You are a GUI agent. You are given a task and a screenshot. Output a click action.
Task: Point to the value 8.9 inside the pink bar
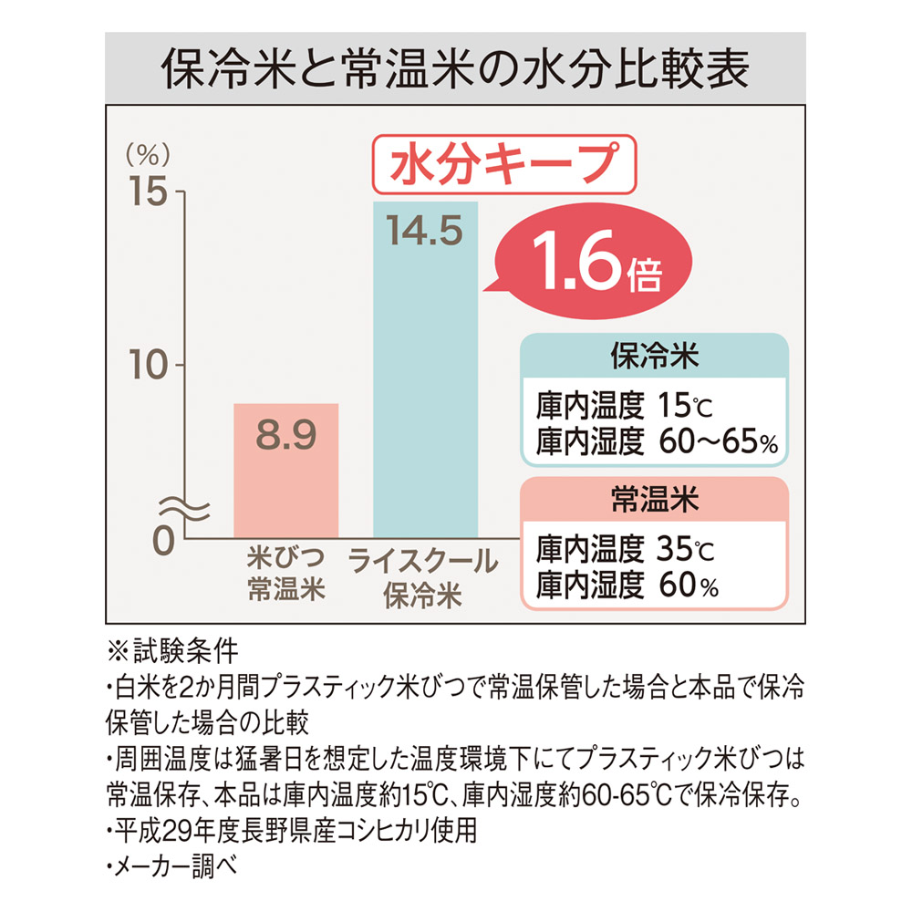[286, 437]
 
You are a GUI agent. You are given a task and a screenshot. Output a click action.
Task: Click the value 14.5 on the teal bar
[425, 230]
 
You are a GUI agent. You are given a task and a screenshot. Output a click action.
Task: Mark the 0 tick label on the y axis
[161, 538]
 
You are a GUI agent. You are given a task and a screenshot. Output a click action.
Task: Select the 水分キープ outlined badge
[500, 165]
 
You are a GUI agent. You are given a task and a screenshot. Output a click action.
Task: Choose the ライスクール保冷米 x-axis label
[424, 577]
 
